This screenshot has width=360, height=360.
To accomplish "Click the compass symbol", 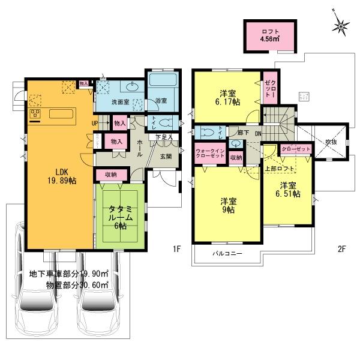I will click(x=342, y=26).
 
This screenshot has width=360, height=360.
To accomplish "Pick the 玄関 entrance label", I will click(x=166, y=157).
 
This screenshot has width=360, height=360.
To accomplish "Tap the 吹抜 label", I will click(x=330, y=142).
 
